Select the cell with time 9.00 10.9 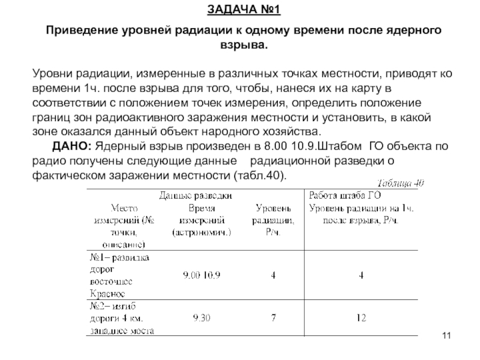(x=202, y=276)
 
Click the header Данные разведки (x=196, y=195)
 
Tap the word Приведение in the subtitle (x=82, y=30)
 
